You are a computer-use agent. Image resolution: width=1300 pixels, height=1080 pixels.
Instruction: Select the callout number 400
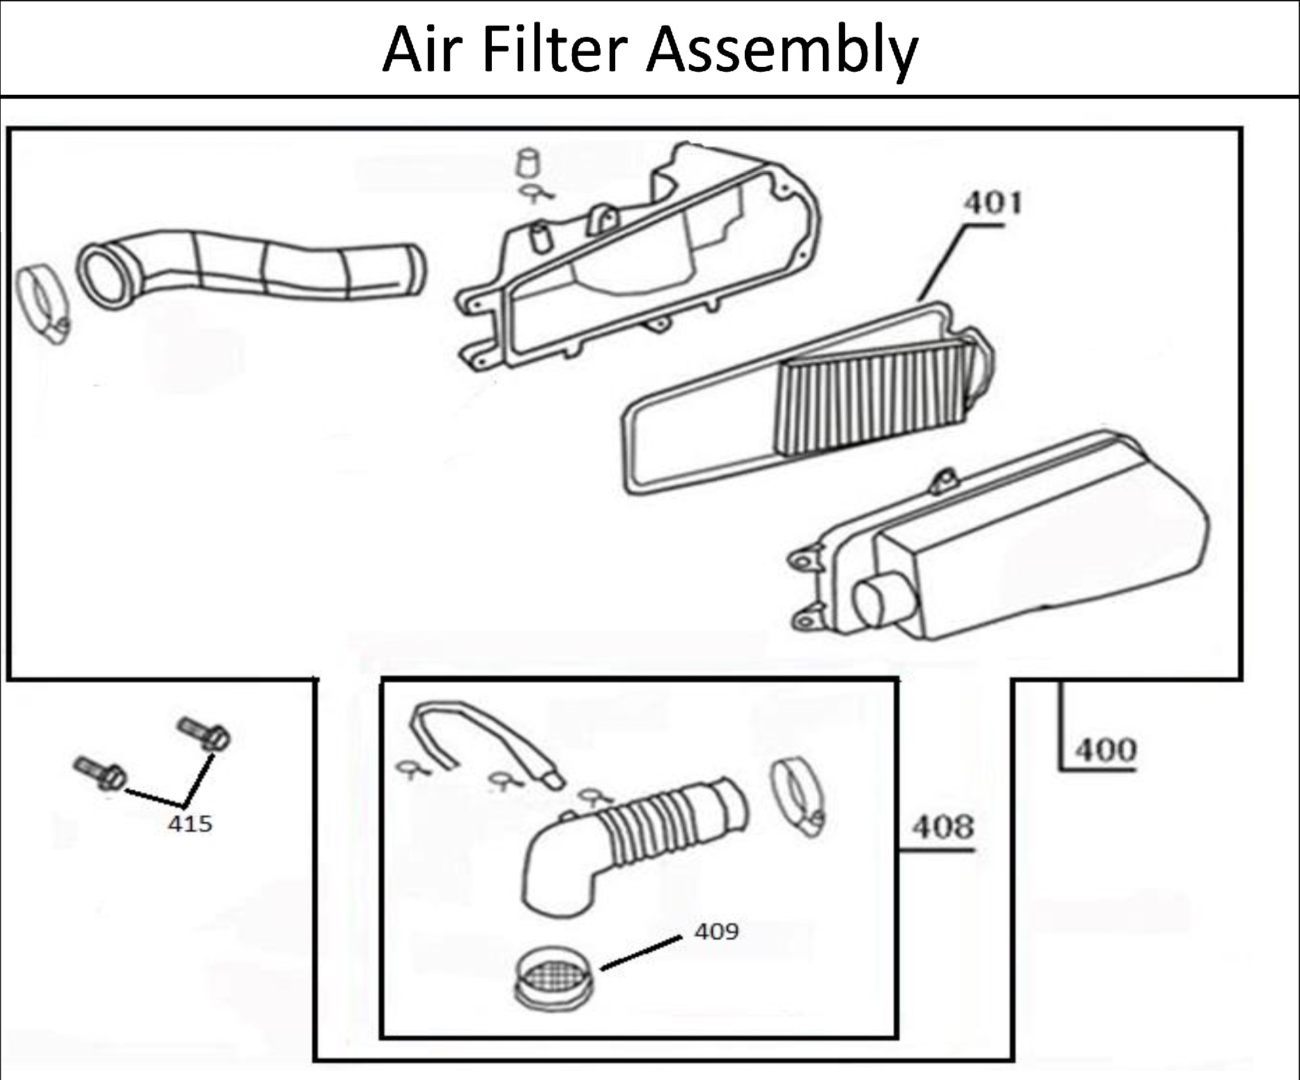tap(1106, 750)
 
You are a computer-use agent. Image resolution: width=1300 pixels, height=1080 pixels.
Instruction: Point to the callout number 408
tap(943, 827)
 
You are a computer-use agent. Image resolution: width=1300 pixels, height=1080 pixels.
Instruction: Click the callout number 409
tap(716, 931)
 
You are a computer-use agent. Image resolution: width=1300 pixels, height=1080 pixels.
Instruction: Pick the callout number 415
tap(189, 824)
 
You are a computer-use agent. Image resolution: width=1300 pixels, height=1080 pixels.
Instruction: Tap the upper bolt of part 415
tap(204, 734)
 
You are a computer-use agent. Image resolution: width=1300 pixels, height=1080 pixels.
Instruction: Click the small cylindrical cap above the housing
tap(527, 164)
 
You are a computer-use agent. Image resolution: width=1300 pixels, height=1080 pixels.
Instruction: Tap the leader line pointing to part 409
tap(641, 953)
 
